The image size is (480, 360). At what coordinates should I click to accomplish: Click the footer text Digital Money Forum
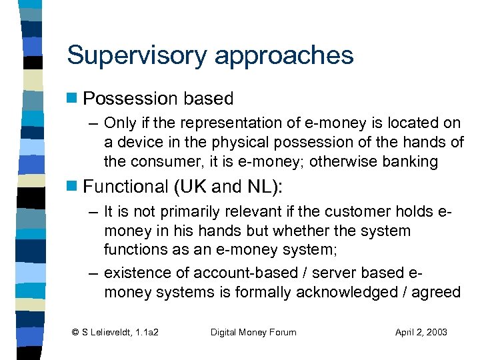253,331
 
